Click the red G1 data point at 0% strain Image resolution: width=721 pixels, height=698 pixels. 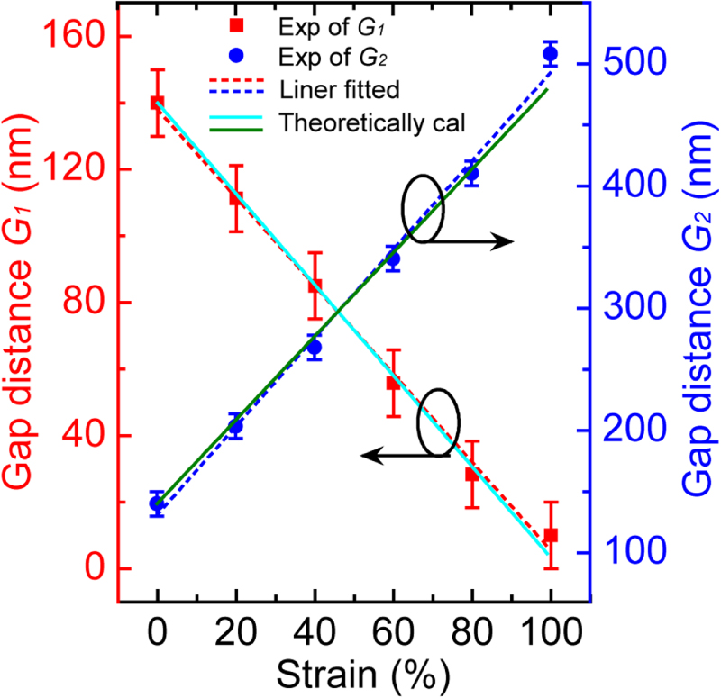pos(158,103)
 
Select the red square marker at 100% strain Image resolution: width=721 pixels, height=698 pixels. pos(550,535)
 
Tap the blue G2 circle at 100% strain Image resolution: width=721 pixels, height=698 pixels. pos(550,54)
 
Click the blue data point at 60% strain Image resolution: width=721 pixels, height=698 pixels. pos(393,259)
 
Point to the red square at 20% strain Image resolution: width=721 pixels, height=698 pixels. pos(236,198)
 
